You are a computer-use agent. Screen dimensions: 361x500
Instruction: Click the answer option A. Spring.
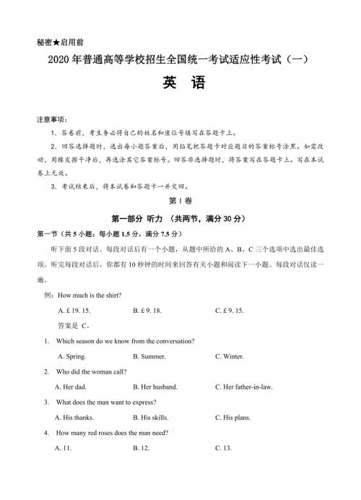[72, 356]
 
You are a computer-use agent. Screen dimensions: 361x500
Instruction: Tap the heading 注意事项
[52, 118]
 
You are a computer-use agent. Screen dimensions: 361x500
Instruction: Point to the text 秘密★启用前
[58, 43]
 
